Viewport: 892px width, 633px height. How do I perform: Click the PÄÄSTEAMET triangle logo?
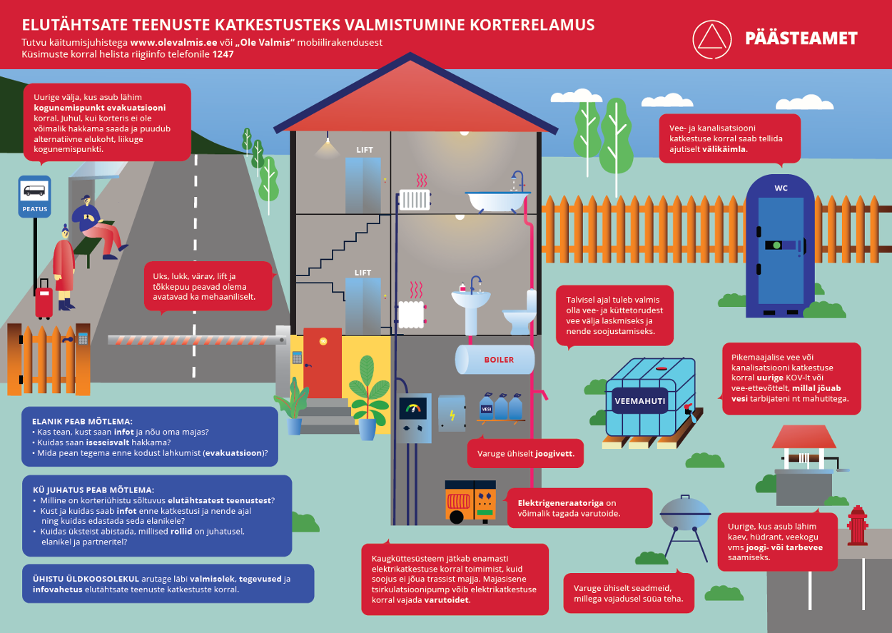pyautogui.click(x=711, y=38)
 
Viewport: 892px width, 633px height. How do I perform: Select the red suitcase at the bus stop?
pyautogui.click(x=44, y=301)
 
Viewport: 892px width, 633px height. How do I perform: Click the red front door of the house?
pyautogui.click(x=323, y=363)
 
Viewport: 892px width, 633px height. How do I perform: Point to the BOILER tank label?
pyautogui.click(x=499, y=360)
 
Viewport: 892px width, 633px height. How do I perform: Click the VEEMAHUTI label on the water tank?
pyautogui.click(x=640, y=401)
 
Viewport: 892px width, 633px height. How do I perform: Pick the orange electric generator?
pyautogui.click(x=470, y=500)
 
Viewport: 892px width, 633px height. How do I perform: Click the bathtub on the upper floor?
pyautogui.click(x=497, y=199)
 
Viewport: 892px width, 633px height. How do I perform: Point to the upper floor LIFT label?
pyautogui.click(x=364, y=150)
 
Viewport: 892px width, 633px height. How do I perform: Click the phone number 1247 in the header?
pyautogui.click(x=223, y=54)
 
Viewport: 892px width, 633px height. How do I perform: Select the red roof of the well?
pyautogui.click(x=803, y=436)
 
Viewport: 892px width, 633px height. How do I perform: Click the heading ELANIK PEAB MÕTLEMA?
pyautogui.click(x=82, y=421)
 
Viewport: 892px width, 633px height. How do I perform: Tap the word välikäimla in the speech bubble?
pyautogui.click(x=725, y=149)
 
